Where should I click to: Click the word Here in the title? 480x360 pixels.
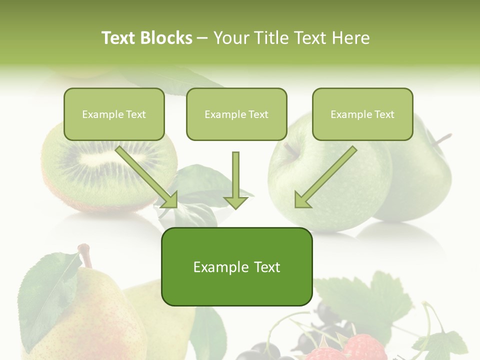click(351, 38)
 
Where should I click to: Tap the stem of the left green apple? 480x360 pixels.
click(289, 150)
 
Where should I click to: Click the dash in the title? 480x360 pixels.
click(202, 38)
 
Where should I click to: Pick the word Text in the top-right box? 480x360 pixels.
click(384, 114)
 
